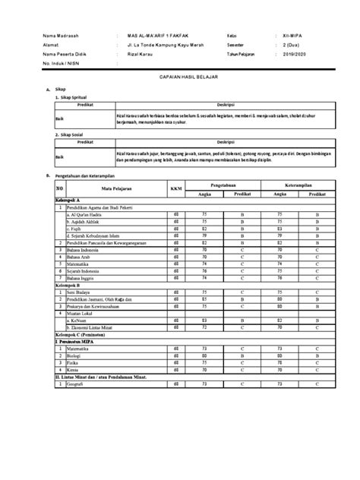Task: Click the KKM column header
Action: pyautogui.click(x=176, y=188)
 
